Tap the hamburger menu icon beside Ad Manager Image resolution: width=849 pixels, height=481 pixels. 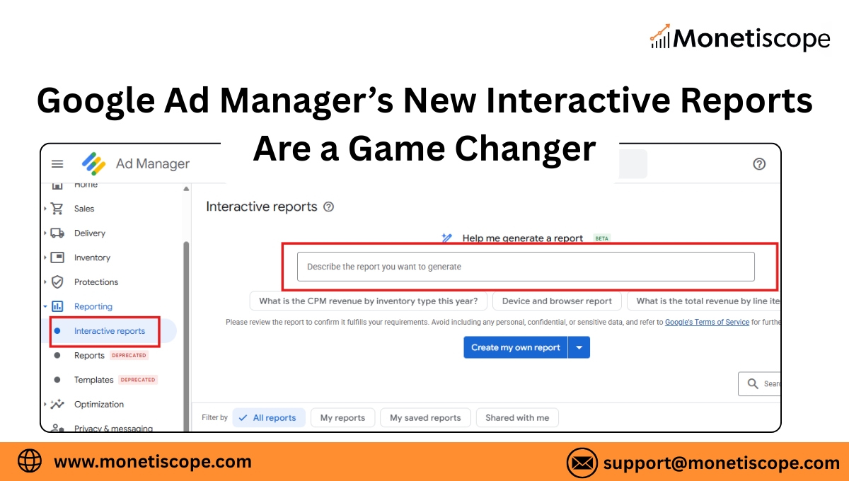click(x=57, y=164)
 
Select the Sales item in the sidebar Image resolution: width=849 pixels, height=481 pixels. click(x=83, y=209)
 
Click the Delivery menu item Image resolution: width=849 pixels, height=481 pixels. click(x=89, y=233)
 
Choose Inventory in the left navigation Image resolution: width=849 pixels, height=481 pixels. click(x=92, y=257)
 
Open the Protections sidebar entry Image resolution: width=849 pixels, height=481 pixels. click(x=96, y=282)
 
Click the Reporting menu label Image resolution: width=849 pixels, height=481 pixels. click(x=93, y=306)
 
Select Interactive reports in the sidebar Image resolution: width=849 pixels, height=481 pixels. click(x=109, y=331)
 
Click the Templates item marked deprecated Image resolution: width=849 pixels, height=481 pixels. click(x=93, y=380)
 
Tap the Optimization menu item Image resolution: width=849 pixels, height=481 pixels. click(x=98, y=405)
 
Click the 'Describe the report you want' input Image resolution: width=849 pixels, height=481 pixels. click(x=525, y=267)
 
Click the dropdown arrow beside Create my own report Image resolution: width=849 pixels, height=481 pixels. click(x=579, y=347)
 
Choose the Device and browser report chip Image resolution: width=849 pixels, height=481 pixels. click(x=557, y=301)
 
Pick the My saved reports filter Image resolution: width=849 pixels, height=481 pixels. click(x=425, y=418)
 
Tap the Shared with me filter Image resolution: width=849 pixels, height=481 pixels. click(x=516, y=418)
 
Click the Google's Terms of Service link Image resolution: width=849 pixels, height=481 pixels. click(x=707, y=323)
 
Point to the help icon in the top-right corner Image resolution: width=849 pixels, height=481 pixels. click(x=759, y=164)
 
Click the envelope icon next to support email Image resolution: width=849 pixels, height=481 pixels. click(x=582, y=463)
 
